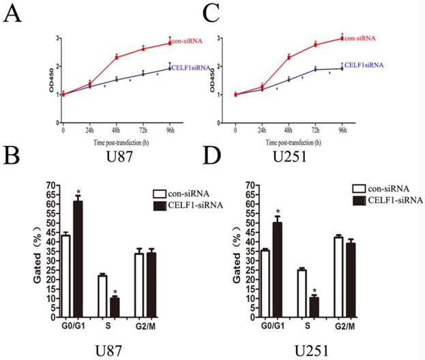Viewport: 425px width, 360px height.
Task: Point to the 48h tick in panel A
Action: pyautogui.click(x=116, y=129)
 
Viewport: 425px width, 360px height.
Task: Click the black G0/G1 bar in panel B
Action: pyautogui.click(x=78, y=258)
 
